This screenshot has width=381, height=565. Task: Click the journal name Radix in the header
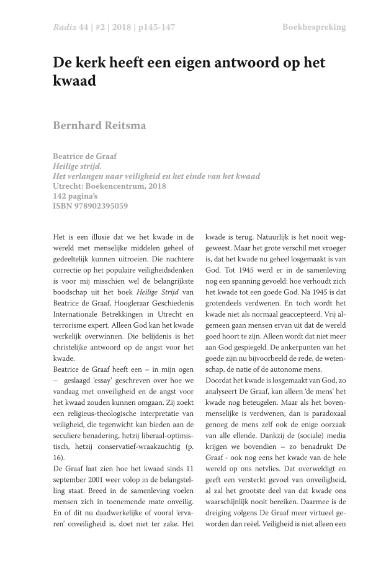64,27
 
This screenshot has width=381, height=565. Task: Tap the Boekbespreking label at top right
314,27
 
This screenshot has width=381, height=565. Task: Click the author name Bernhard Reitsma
99,125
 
